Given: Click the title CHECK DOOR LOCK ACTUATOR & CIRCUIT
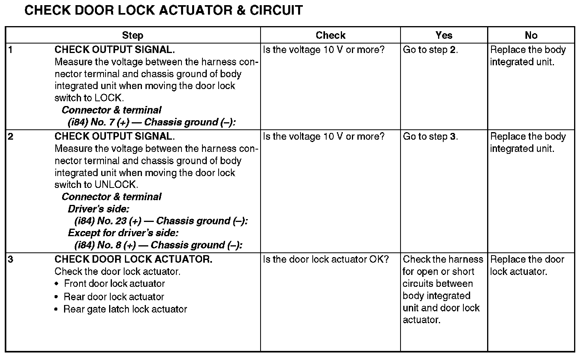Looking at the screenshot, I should (x=163, y=10).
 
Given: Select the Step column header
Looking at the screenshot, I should (x=132, y=35).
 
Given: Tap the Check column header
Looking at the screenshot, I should (x=331, y=35).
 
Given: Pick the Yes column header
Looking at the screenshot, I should (x=444, y=35).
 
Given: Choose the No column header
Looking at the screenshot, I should (x=531, y=35).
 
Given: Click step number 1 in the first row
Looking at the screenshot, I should (x=11, y=50).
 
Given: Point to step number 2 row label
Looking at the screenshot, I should (x=11, y=136).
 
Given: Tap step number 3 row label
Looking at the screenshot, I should (x=11, y=260).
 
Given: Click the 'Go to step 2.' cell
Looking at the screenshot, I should (x=430, y=50).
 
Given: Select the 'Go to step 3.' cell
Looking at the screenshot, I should (x=430, y=136).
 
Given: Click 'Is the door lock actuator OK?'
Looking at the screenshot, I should (x=326, y=260).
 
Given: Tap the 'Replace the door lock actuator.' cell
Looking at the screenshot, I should (x=527, y=265).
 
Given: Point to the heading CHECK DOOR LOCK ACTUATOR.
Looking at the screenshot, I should (x=133, y=260).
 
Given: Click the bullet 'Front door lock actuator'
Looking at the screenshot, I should (x=114, y=284).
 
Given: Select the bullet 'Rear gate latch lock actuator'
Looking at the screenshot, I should (x=125, y=309).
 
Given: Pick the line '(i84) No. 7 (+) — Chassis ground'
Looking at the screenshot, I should (x=152, y=122).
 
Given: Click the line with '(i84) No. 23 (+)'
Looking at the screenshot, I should (x=161, y=221).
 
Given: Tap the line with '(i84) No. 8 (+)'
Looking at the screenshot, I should (x=158, y=245).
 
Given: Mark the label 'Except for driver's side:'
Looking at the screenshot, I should (x=123, y=233).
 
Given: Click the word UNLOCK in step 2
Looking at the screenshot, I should (x=116, y=185).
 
